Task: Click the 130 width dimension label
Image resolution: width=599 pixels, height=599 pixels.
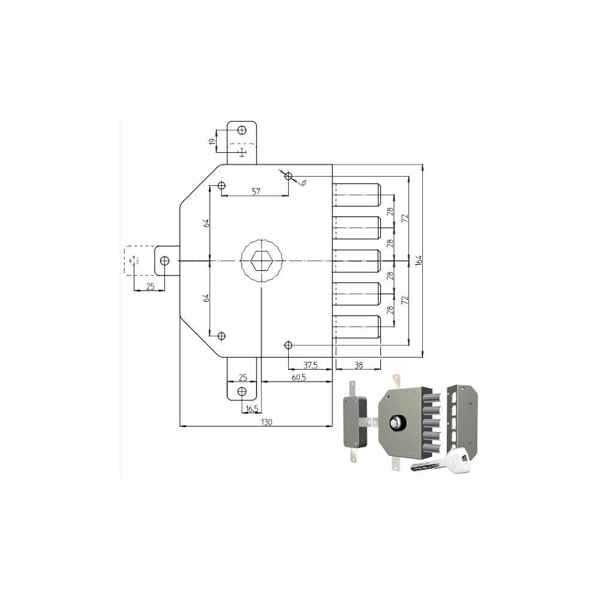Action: [267, 422]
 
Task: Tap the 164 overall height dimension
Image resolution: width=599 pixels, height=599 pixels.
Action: [419, 260]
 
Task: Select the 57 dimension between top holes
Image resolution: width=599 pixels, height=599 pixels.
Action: [256, 191]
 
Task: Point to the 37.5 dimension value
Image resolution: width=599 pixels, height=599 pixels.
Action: [310, 365]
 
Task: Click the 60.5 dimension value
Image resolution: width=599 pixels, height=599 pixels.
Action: [299, 377]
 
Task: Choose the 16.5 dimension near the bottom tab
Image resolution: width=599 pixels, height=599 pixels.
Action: [252, 409]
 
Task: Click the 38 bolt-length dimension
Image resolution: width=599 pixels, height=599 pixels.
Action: [358, 365]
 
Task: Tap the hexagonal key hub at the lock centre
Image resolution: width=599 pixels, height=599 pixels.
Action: [261, 261]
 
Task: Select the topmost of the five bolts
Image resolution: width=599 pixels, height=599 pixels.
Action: [356, 195]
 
